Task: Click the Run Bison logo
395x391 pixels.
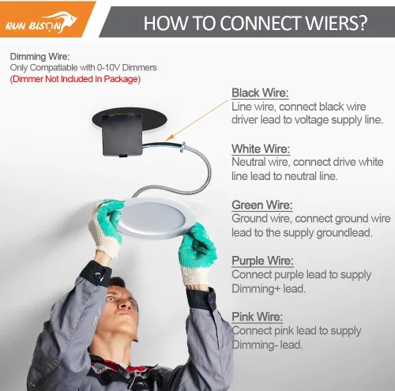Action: (x=41, y=23)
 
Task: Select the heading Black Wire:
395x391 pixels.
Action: (x=260, y=93)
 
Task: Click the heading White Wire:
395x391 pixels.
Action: (x=261, y=149)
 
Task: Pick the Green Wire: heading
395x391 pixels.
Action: (x=262, y=205)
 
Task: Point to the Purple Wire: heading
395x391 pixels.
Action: (x=262, y=261)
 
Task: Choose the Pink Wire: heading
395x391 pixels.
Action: (x=257, y=317)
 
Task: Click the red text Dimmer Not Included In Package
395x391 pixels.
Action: (x=75, y=79)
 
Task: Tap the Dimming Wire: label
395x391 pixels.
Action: (x=39, y=57)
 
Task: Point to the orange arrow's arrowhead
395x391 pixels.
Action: (x=169, y=137)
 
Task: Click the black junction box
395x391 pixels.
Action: (x=122, y=135)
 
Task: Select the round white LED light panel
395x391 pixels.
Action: (x=155, y=218)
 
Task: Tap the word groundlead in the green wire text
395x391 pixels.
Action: (x=344, y=233)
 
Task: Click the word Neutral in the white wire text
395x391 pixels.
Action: (x=248, y=162)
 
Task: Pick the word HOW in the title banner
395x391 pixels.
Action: (x=165, y=23)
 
